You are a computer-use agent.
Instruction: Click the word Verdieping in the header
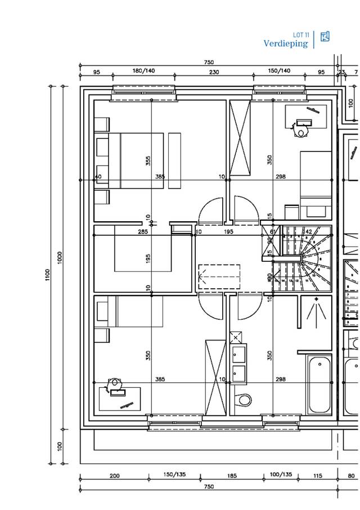point(286,43)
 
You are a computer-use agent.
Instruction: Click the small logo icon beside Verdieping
point(325,37)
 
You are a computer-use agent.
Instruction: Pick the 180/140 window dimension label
point(143,71)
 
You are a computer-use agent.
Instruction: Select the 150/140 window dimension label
point(279,71)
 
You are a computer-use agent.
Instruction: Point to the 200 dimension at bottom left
point(114,476)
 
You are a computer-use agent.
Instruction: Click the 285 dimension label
point(143,232)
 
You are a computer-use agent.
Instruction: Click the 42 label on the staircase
point(308,231)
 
